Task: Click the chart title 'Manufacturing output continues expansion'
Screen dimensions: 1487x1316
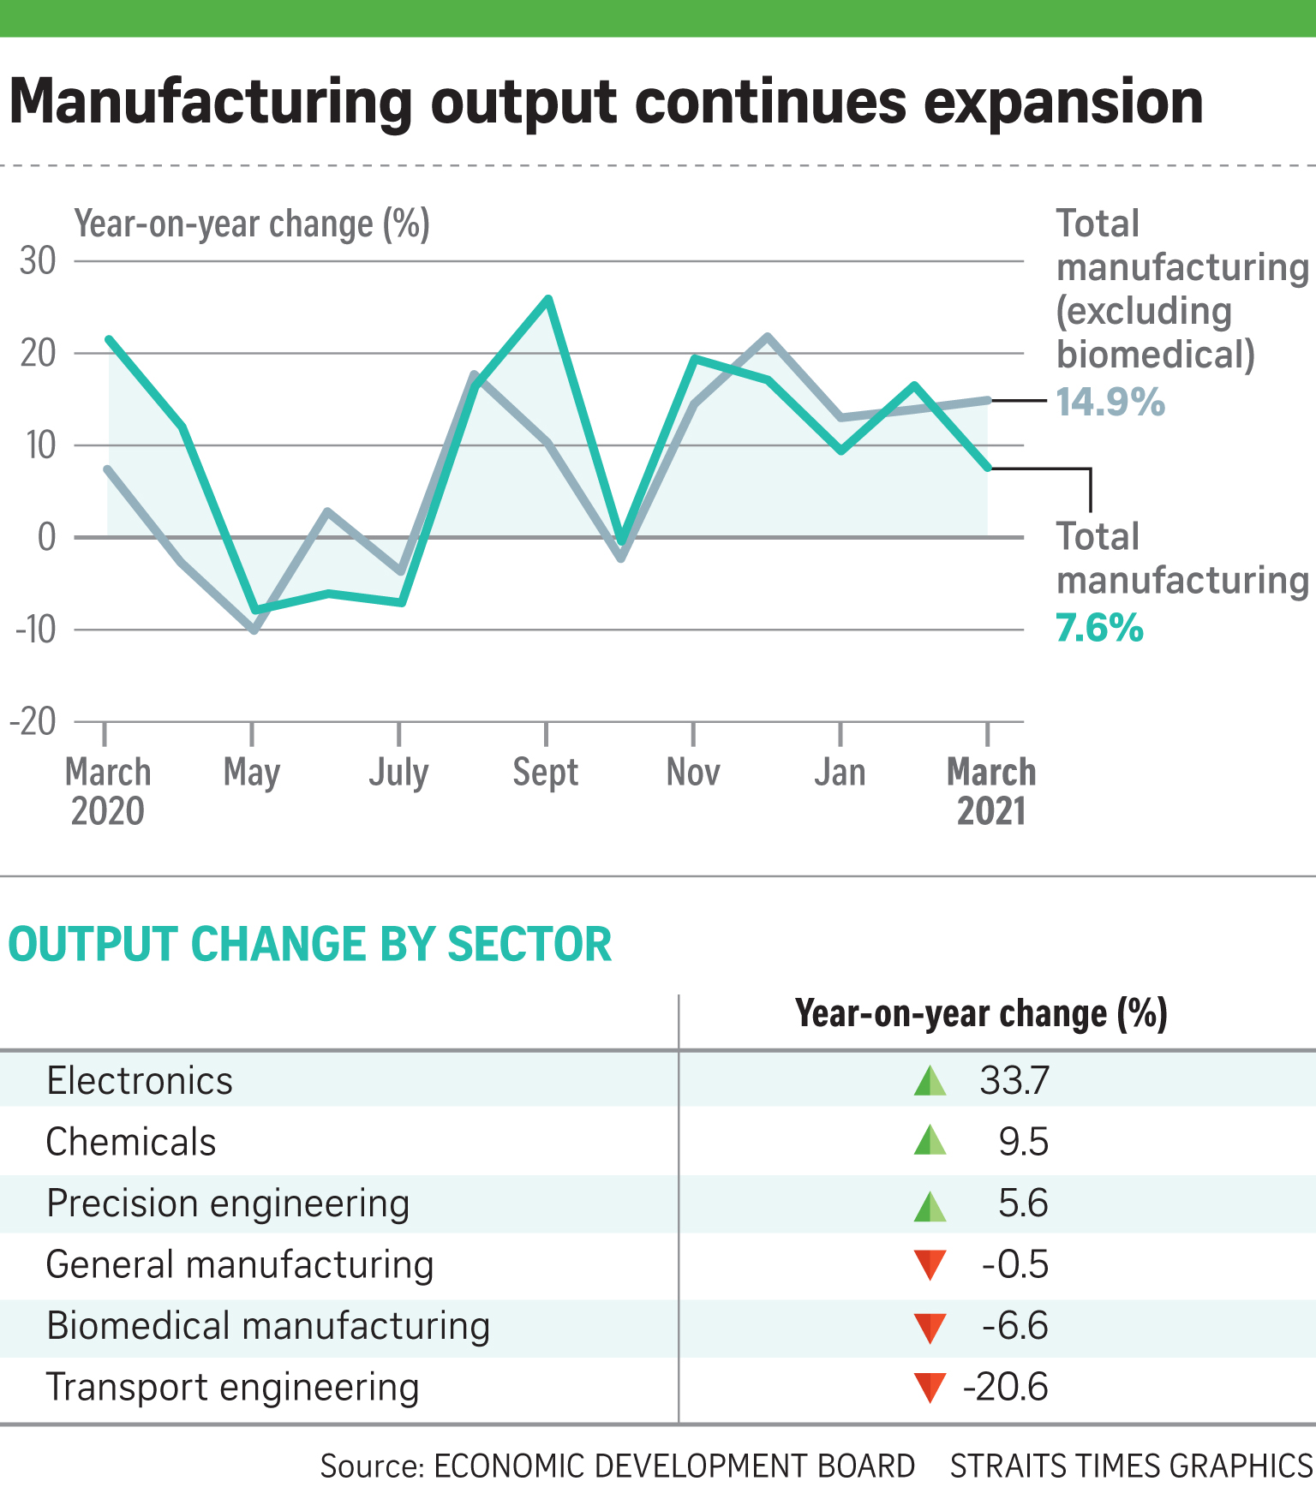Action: (x=606, y=103)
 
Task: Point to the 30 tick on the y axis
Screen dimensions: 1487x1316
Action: (x=38, y=260)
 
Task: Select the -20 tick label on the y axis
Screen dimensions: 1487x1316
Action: (x=33, y=721)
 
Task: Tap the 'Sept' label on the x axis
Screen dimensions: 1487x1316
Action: (x=546, y=773)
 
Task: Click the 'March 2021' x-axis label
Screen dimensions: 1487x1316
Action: (x=991, y=791)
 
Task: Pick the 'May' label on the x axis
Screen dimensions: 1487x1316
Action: (x=252, y=773)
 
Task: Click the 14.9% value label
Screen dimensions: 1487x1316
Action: (x=1110, y=402)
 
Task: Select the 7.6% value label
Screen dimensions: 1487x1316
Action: (x=1099, y=628)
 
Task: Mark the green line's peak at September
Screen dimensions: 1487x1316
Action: (x=548, y=298)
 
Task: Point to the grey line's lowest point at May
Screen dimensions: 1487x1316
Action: (x=254, y=630)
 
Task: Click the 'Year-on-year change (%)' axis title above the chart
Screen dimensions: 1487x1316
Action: (x=252, y=224)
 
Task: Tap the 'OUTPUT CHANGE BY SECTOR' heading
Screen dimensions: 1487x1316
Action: (x=310, y=944)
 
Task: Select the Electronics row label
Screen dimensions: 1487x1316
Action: (x=140, y=1081)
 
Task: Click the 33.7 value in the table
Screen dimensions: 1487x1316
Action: (x=1014, y=1081)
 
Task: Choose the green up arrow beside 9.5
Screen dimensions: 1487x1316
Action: (x=930, y=1141)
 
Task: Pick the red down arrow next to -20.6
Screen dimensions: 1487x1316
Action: (x=930, y=1388)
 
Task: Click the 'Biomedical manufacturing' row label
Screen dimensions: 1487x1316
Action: (x=268, y=1326)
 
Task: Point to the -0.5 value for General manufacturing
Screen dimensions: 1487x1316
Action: (x=1015, y=1265)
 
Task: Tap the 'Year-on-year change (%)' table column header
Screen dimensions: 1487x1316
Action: (x=981, y=1014)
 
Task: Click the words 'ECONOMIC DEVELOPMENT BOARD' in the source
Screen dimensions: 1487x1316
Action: (x=674, y=1466)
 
